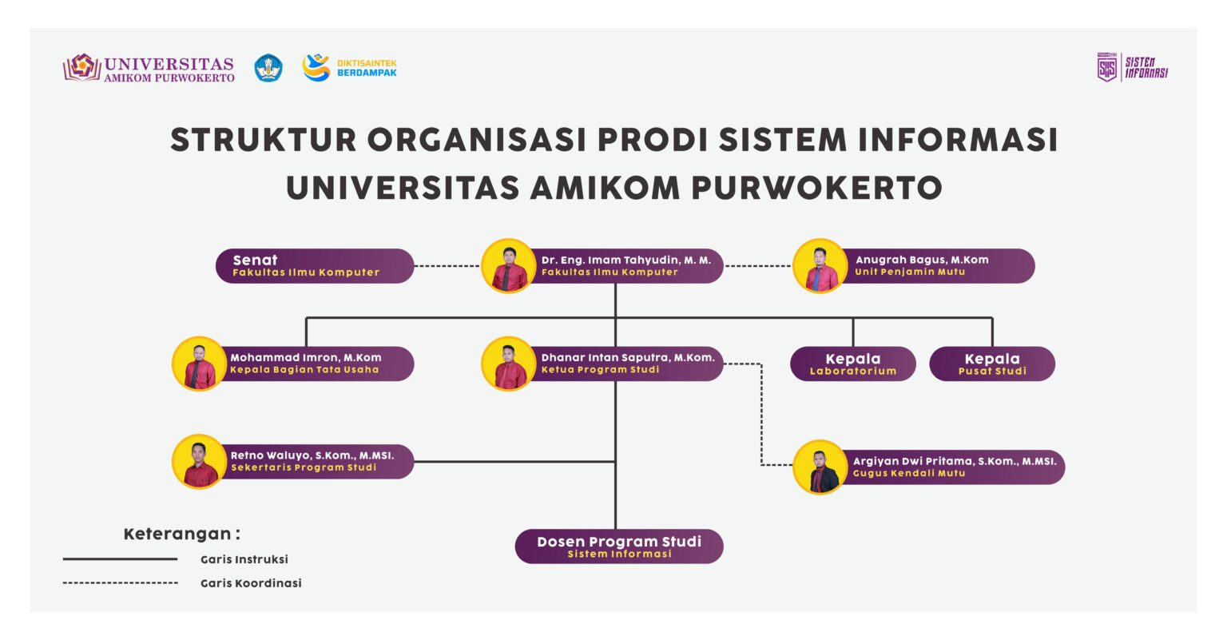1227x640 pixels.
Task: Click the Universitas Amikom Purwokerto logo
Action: [149, 68]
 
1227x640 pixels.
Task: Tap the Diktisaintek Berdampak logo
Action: [349, 68]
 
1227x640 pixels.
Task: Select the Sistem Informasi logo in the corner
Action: [1132, 67]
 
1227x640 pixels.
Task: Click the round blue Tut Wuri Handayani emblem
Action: [268, 68]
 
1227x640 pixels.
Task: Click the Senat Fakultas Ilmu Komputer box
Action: [315, 266]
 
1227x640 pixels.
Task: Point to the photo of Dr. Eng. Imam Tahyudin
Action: [509, 266]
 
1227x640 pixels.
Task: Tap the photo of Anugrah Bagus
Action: [820, 266]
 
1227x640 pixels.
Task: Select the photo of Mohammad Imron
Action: [199, 364]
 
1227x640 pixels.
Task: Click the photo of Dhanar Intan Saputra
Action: [509, 364]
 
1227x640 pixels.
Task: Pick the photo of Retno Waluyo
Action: [199, 461]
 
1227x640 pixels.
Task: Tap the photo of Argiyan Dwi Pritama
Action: [820, 467]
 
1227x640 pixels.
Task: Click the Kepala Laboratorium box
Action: [852, 364]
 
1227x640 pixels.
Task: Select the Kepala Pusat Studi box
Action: [991, 364]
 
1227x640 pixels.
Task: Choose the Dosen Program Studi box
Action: [619, 547]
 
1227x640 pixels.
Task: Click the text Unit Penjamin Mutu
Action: [910, 272]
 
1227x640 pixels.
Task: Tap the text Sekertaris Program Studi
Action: [304, 467]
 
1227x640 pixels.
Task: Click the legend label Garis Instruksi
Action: [244, 559]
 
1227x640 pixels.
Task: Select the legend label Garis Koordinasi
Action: [251, 583]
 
